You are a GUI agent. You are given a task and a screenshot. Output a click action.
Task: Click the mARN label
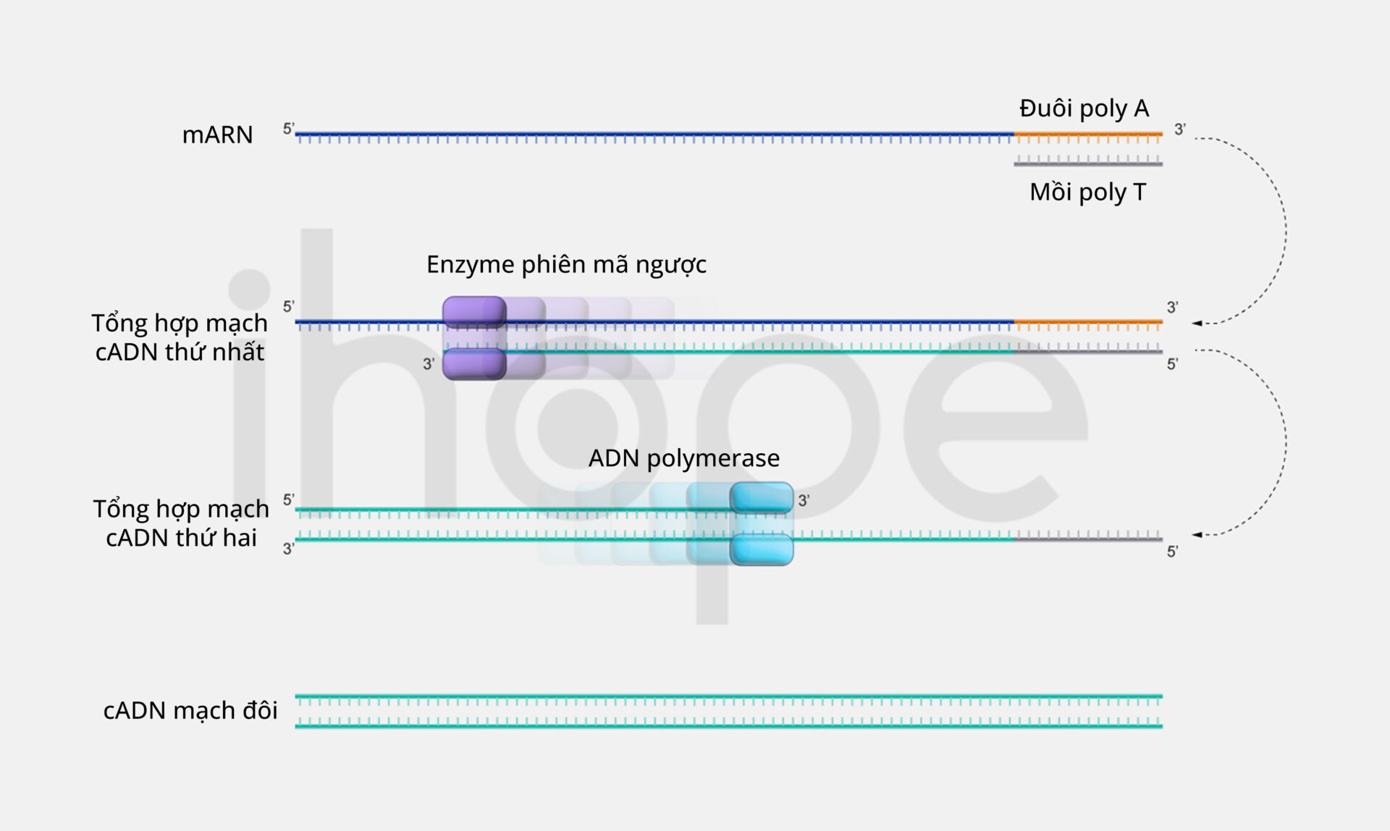217,135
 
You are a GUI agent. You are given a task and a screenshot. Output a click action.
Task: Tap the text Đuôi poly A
1084,109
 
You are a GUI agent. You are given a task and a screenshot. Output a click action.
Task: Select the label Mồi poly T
1088,193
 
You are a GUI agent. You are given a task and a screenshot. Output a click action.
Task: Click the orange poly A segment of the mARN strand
1088,135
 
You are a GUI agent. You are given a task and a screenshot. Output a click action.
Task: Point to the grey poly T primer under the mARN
1088,163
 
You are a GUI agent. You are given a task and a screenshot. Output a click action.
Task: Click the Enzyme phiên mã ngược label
566,265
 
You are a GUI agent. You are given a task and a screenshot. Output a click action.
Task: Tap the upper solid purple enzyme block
474,312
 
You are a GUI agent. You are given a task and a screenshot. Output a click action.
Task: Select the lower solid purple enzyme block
474,364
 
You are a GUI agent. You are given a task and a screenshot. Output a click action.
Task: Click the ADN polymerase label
683,458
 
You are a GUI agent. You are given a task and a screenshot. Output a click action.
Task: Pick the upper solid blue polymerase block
762,498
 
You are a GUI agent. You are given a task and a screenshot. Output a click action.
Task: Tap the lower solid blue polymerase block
762,549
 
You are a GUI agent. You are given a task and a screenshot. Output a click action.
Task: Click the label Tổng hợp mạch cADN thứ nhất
180,337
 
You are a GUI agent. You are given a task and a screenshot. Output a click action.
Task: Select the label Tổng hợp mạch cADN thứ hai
181,523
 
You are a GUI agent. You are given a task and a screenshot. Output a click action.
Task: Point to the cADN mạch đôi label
190,711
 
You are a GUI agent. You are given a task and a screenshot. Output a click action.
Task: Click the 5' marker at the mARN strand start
288,129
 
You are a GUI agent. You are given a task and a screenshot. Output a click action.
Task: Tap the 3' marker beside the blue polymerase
804,500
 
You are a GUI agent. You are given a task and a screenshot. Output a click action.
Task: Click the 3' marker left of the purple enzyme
429,364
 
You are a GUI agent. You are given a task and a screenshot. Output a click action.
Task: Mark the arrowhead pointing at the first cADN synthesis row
1197,323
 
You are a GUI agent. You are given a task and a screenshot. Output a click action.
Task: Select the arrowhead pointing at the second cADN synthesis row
1197,535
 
